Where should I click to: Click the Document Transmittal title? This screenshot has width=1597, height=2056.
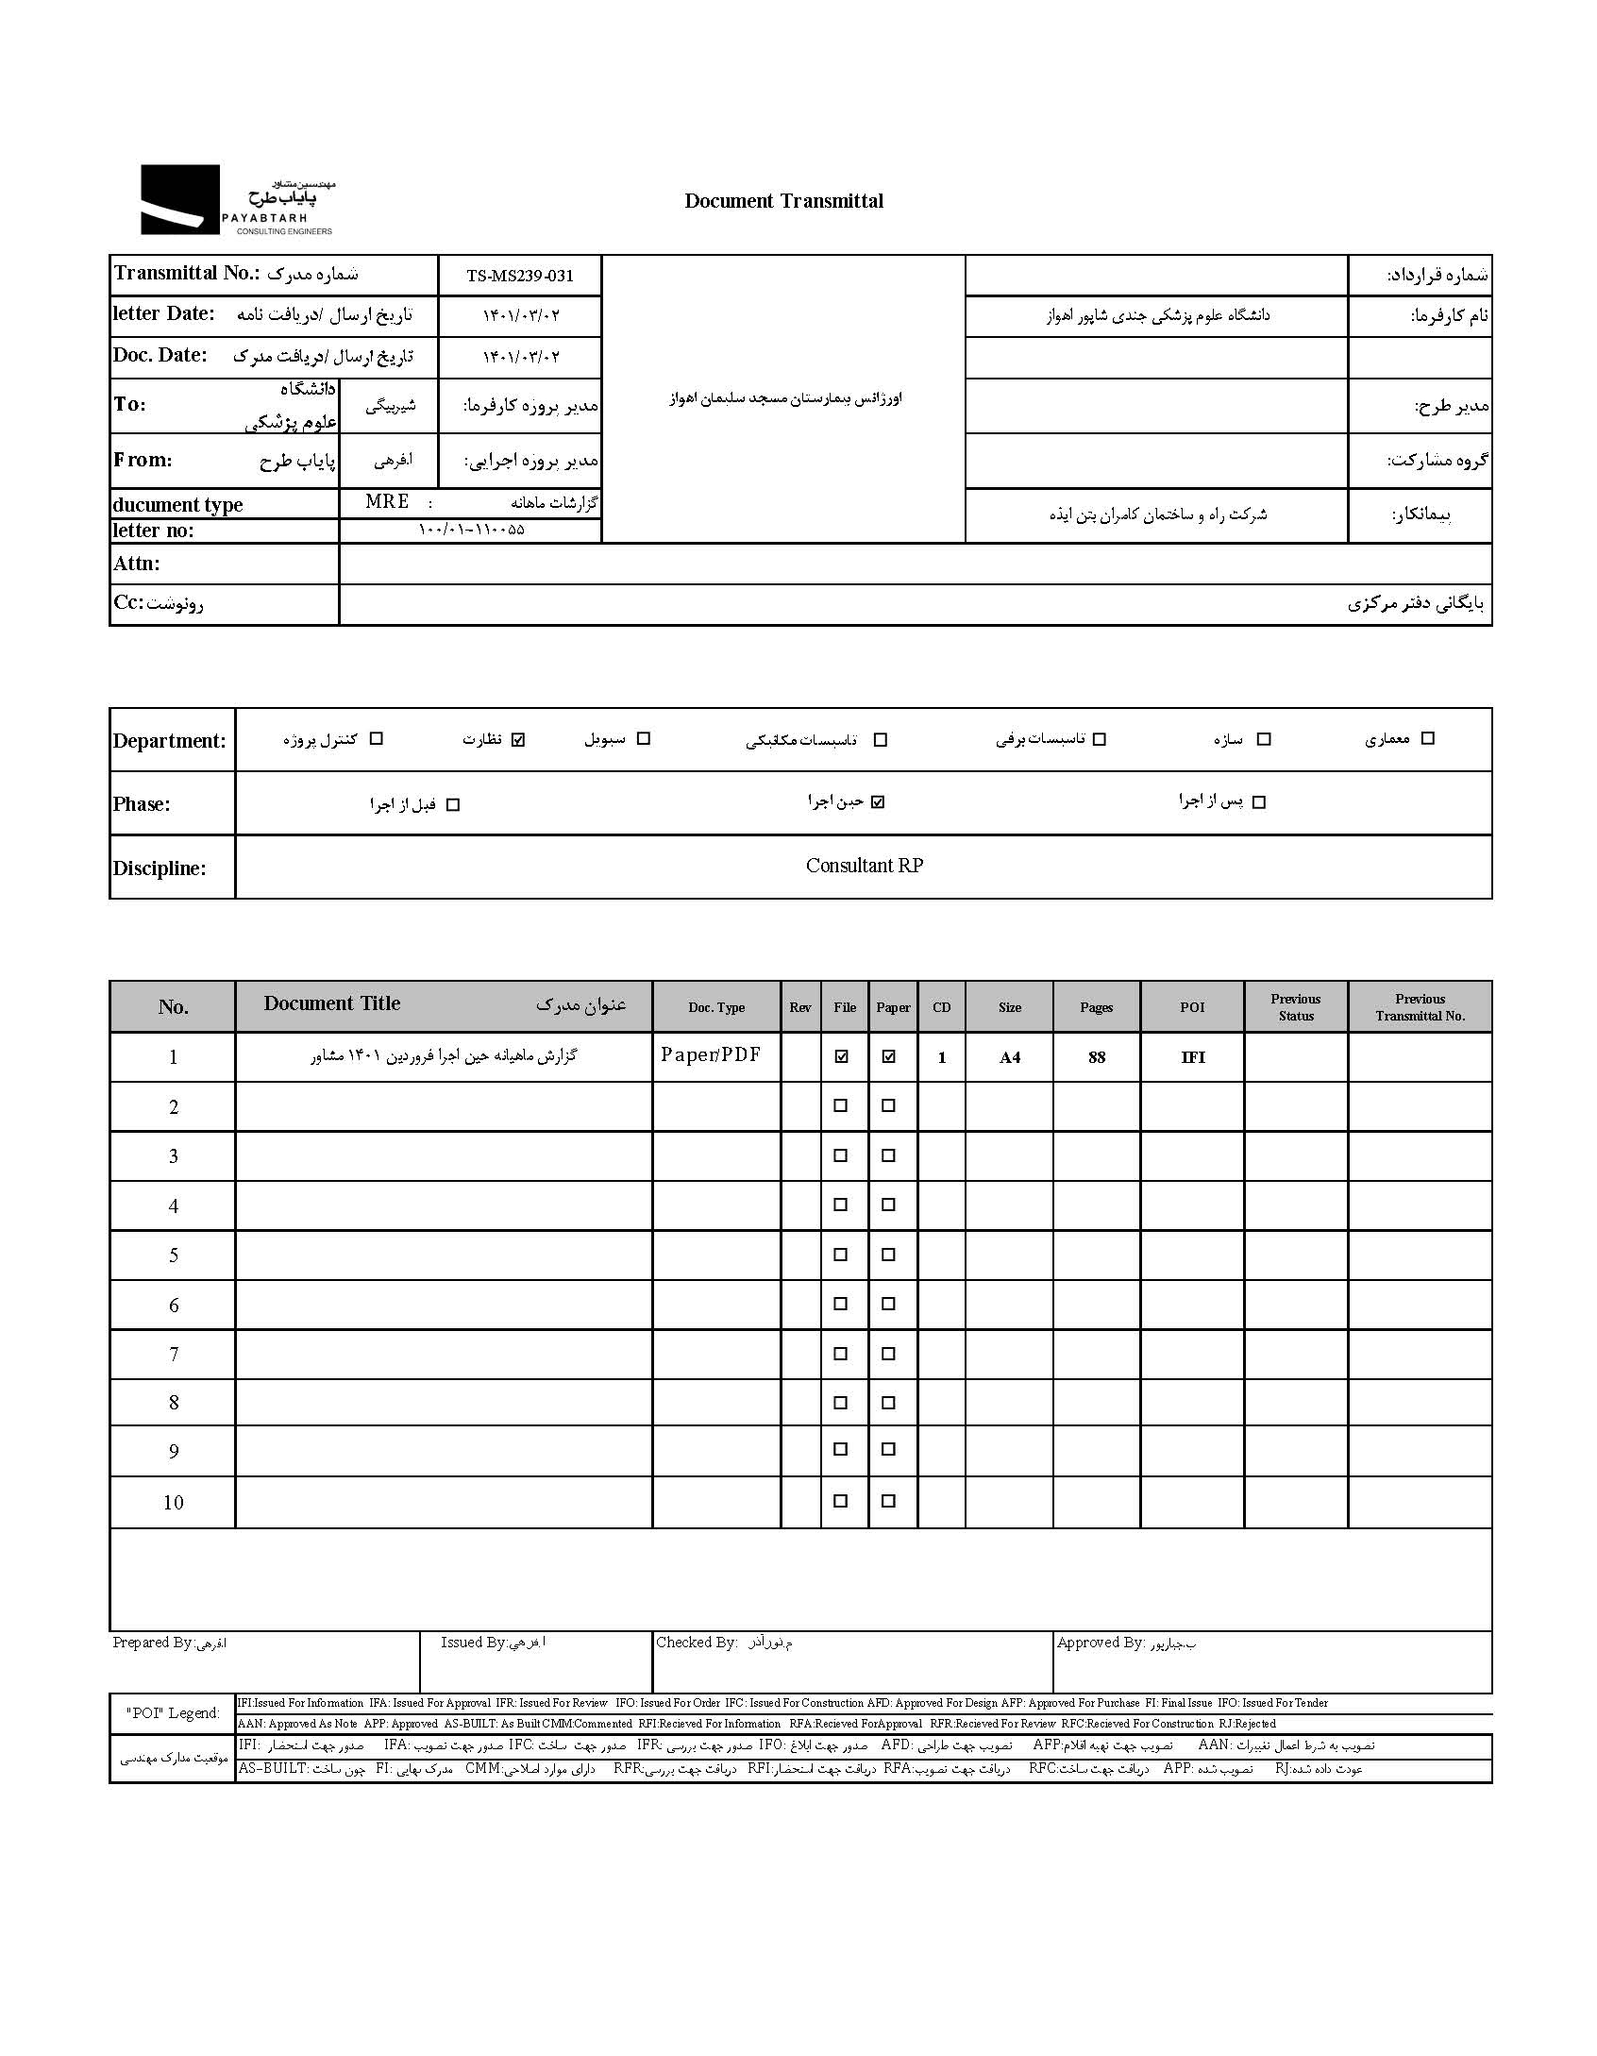(x=783, y=201)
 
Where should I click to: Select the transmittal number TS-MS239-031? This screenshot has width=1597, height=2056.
(x=519, y=276)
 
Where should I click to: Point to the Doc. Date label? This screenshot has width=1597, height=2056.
(x=160, y=356)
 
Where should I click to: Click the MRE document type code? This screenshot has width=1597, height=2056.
(x=387, y=501)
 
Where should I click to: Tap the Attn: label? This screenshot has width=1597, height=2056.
(x=137, y=564)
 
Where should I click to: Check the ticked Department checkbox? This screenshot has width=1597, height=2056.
(x=517, y=739)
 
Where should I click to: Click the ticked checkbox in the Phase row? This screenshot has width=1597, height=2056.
(x=878, y=802)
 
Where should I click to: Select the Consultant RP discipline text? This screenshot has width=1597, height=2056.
(x=864, y=866)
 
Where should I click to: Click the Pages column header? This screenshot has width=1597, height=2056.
(x=1096, y=1007)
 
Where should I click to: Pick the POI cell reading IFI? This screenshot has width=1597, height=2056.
(x=1192, y=1057)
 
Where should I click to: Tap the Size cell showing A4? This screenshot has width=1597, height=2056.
(x=1009, y=1057)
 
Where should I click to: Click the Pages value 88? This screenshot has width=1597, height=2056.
(x=1096, y=1057)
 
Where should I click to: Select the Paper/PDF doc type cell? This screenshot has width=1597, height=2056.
(x=710, y=1055)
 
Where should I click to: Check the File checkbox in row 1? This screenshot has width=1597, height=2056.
(x=841, y=1057)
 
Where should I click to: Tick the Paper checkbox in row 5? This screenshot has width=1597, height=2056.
(x=888, y=1255)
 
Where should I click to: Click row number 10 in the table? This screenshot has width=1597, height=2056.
(x=173, y=1503)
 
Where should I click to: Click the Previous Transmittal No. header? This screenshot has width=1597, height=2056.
(x=1420, y=1007)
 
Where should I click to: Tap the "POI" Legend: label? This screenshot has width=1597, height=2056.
(x=173, y=1713)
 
